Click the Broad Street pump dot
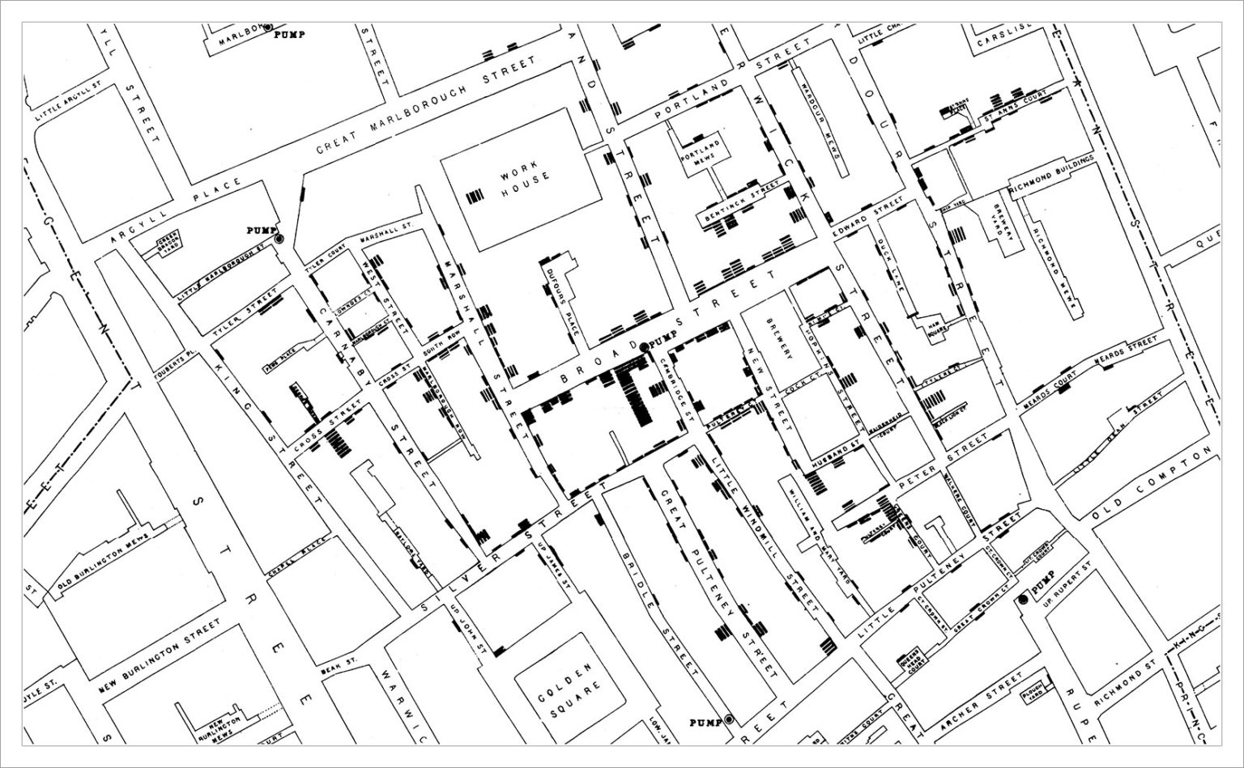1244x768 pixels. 644,347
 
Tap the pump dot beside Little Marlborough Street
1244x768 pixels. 279,239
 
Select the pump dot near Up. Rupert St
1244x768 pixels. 1022,599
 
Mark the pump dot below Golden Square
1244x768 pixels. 728,719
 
